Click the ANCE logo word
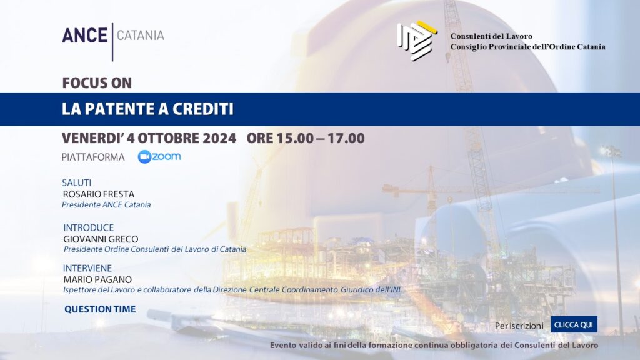pyautogui.click(x=84, y=36)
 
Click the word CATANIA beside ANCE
pyautogui.click(x=141, y=36)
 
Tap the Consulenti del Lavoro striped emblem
pyautogui.click(x=417, y=41)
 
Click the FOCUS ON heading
pyautogui.click(x=97, y=83)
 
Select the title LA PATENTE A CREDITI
pyautogui.click(x=147, y=109)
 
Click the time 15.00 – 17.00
pyautogui.click(x=321, y=138)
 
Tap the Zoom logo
pyautogui.click(x=159, y=157)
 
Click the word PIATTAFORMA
pyautogui.click(x=93, y=157)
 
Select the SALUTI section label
pyautogui.click(x=77, y=182)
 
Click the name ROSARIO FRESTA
pyautogui.click(x=99, y=194)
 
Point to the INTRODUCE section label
pyautogui.click(x=89, y=227)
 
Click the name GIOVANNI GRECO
pyautogui.click(x=101, y=239)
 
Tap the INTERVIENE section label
pyautogui.click(x=87, y=268)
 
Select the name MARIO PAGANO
pyautogui.click(x=97, y=279)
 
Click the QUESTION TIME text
pyautogui.click(x=100, y=309)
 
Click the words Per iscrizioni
pyautogui.click(x=519, y=326)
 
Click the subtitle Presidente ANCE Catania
pyautogui.click(x=106, y=205)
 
